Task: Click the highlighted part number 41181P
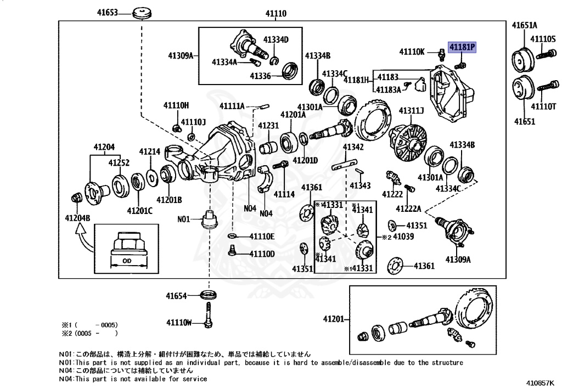click(x=462, y=48)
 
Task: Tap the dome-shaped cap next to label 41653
click(x=142, y=12)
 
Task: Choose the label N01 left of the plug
click(x=183, y=219)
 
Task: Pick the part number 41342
click(x=353, y=147)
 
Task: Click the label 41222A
click(x=408, y=209)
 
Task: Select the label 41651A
click(x=525, y=25)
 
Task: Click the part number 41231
click(x=269, y=126)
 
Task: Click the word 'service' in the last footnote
click(x=195, y=379)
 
